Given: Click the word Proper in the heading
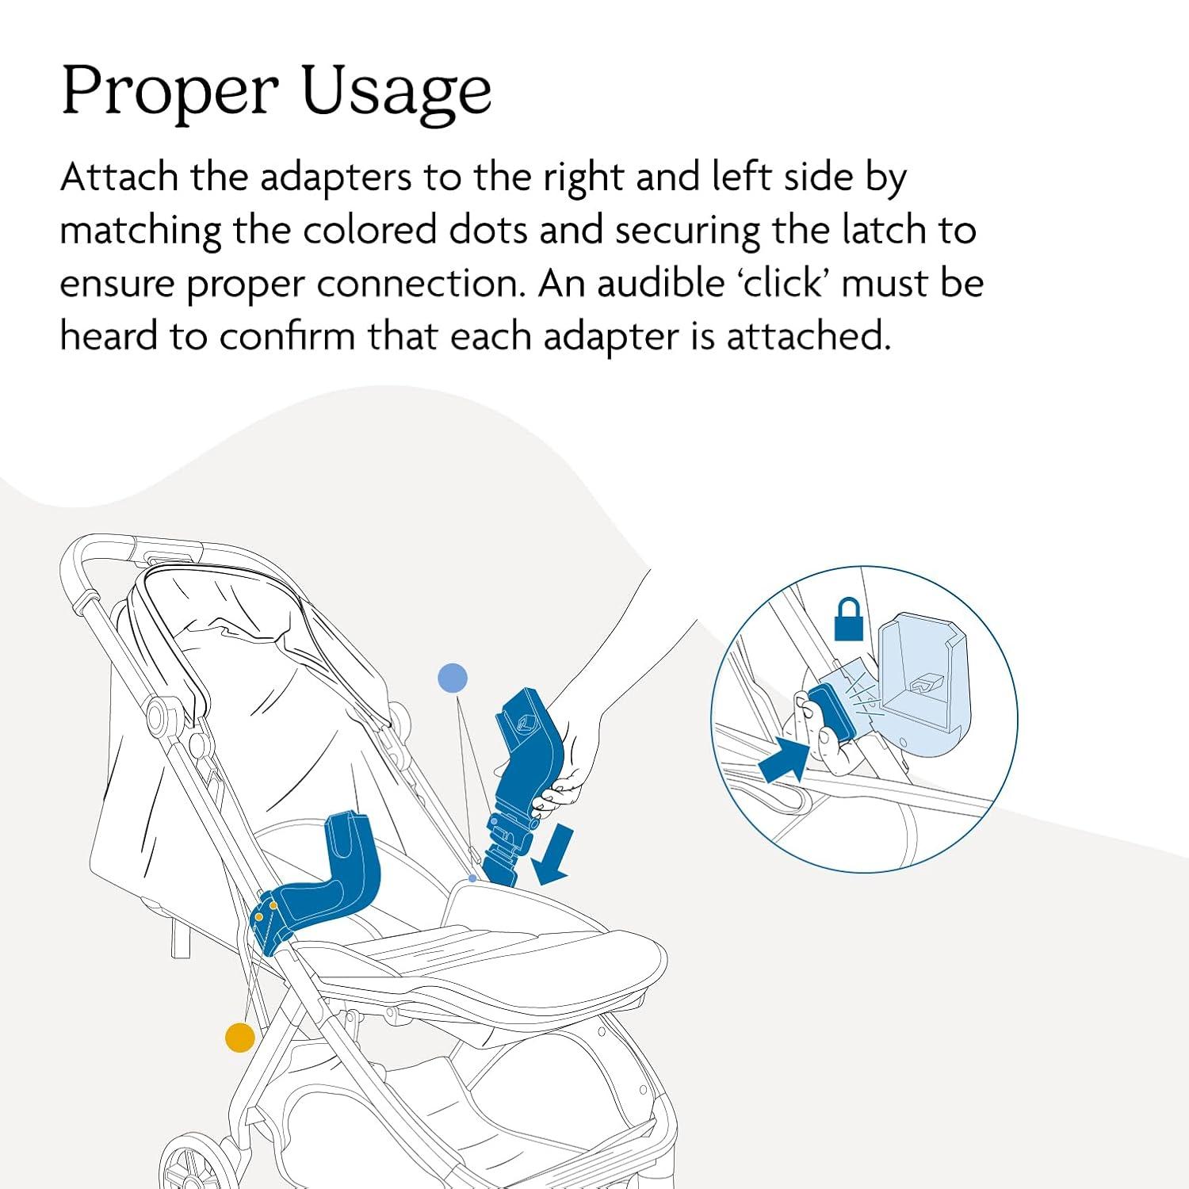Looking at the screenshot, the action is click(170, 91).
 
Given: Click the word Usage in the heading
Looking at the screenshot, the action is click(396, 91).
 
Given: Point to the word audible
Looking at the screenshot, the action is click(660, 283).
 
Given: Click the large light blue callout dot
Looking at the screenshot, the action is click(453, 679).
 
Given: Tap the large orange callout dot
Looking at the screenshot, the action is click(240, 1038).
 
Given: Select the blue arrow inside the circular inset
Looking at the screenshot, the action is click(782, 759).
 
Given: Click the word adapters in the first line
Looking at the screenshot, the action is click(336, 177).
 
